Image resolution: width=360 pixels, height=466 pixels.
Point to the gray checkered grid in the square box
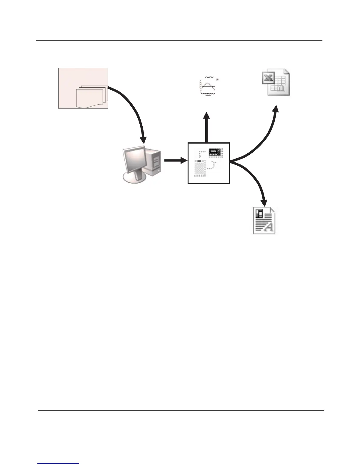[x=200, y=169]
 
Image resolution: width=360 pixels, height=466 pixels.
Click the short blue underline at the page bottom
[x=59, y=464]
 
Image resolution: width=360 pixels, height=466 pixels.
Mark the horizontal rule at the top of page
[x=179, y=40]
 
